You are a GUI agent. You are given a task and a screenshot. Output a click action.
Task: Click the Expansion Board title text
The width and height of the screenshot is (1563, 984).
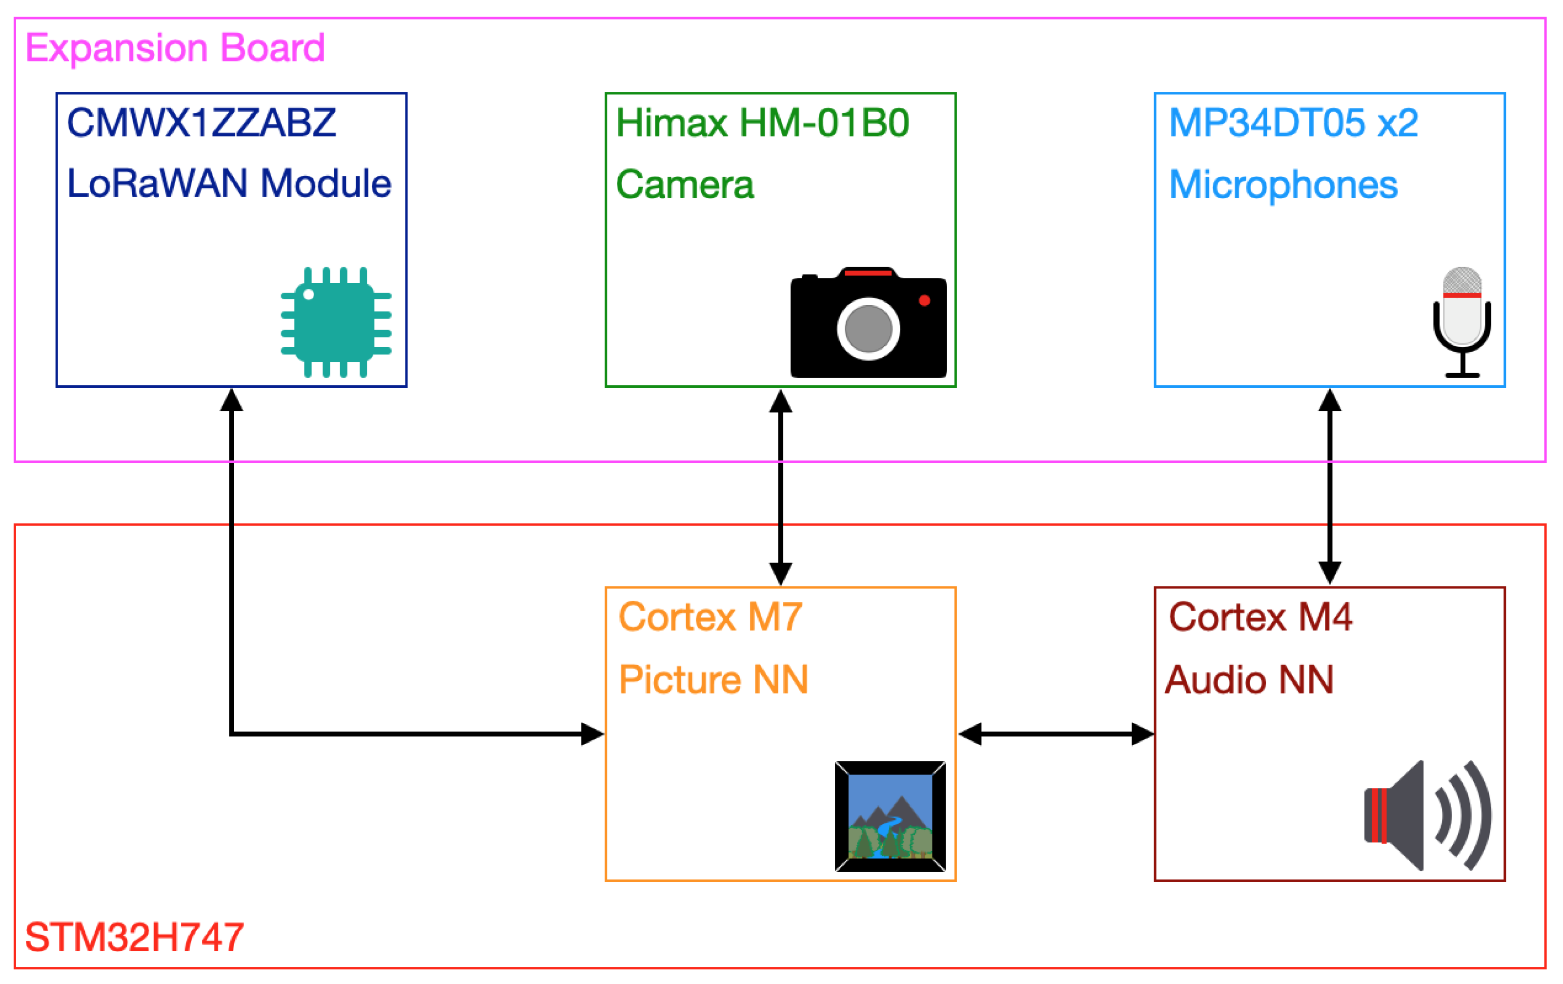pos(175,48)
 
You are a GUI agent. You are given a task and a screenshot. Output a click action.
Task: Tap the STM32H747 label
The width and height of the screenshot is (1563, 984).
pos(134,937)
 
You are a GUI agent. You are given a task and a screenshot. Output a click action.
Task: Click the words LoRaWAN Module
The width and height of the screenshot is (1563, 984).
pos(229,183)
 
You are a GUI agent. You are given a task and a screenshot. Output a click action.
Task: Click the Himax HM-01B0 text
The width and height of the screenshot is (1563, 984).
pos(762,123)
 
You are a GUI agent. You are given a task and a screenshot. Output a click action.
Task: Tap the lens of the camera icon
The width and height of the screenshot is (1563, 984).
pos(868,329)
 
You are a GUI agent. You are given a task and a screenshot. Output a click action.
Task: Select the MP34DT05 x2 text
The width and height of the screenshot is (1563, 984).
pos(1293,123)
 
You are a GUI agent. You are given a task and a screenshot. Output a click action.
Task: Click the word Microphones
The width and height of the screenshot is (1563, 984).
pos(1282,185)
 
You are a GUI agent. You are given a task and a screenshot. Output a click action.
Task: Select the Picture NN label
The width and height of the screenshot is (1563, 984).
pos(713,680)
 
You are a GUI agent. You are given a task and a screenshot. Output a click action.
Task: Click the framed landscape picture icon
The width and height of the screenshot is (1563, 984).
pos(890,817)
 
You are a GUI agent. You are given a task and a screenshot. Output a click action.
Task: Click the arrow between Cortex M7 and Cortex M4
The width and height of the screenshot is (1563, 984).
pos(1056,734)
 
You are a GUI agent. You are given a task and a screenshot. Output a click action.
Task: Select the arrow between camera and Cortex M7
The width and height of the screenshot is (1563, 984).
pos(780,487)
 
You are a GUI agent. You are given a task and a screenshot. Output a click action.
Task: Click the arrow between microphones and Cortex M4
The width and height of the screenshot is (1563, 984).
pos(1329,487)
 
